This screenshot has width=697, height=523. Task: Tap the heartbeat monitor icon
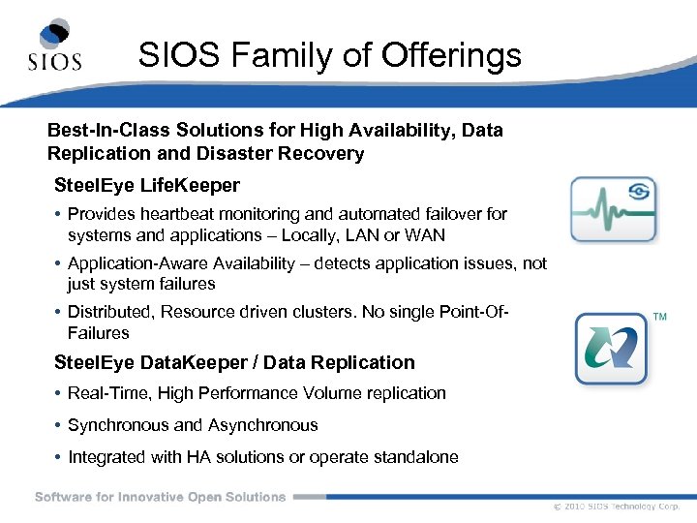click(613, 209)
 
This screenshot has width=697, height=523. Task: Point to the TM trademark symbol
click(660, 318)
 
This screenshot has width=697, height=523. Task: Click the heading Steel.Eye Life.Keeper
click(147, 185)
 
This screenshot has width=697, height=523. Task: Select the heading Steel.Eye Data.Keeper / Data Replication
click(234, 363)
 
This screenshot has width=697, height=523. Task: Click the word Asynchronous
click(262, 425)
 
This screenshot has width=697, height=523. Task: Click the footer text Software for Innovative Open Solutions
click(161, 497)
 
